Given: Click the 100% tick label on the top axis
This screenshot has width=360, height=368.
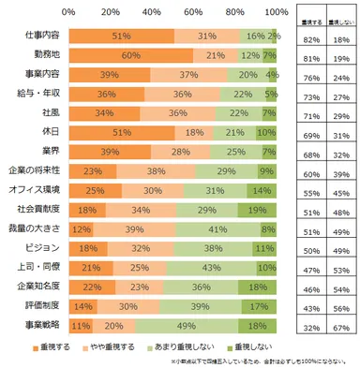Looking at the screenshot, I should [277, 13].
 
